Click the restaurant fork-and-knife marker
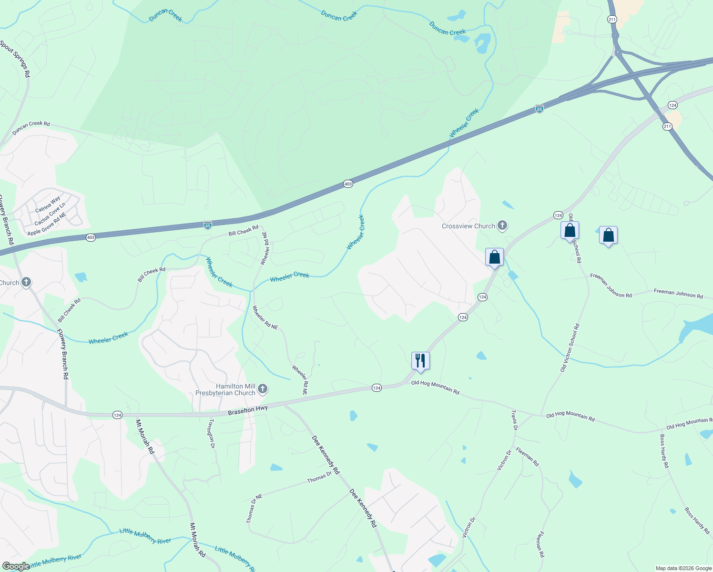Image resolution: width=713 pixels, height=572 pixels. coord(420,360)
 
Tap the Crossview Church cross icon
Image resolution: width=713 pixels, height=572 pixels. coord(502,226)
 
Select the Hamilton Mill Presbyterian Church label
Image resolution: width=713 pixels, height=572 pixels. coord(225,389)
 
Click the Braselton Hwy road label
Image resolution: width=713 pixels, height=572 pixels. coord(248,410)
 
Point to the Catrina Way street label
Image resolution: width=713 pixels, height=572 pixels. coord(48,204)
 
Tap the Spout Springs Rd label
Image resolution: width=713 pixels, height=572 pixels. coord(15,59)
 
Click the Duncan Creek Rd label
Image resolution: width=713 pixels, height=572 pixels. coord(31,127)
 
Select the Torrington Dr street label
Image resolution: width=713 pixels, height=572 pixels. coord(212,433)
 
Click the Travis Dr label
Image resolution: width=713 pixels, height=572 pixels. coord(514,419)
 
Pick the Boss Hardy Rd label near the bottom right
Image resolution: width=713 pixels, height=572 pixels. coord(697,520)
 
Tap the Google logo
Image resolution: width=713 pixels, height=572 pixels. coord(15,566)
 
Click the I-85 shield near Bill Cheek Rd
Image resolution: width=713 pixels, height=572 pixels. coord(208,225)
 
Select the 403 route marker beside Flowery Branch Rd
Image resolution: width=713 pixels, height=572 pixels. coord(91,237)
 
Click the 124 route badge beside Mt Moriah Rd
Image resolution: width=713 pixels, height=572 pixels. coord(118,415)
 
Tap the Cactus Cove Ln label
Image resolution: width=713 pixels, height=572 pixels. coord(50,214)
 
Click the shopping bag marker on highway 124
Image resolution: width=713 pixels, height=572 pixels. coord(494,257)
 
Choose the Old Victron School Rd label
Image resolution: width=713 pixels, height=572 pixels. coord(570,348)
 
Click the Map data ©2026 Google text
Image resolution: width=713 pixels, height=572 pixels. coord(683,568)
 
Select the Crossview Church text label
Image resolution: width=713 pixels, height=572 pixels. coord(468,226)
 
